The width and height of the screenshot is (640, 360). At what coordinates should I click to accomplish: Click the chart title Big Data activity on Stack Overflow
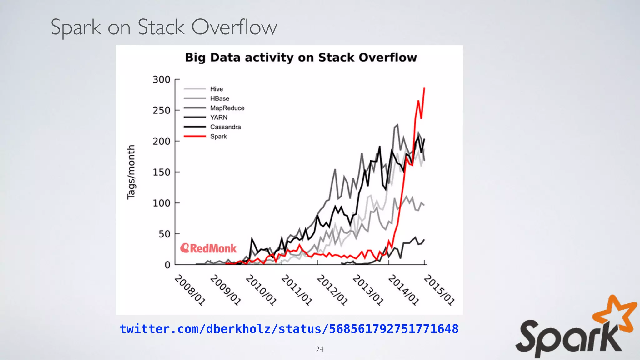(x=301, y=58)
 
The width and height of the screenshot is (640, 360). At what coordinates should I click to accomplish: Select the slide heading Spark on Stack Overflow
(x=164, y=27)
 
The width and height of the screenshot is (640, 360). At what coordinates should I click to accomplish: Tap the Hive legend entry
(x=216, y=89)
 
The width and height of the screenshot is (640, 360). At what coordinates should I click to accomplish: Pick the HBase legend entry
(x=219, y=98)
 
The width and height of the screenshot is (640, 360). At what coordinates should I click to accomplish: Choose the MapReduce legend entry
(x=227, y=108)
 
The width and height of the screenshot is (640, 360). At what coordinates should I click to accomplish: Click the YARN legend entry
(x=219, y=117)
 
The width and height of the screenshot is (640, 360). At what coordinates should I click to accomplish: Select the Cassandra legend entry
(x=225, y=127)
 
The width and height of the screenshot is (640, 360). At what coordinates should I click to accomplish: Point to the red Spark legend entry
(x=218, y=137)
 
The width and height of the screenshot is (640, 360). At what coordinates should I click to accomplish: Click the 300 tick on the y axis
(x=161, y=80)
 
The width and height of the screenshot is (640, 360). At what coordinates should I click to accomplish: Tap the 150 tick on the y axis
(x=161, y=172)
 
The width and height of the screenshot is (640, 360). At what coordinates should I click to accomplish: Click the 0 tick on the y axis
(x=167, y=265)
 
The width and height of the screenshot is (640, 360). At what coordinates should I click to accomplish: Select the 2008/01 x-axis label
(x=190, y=290)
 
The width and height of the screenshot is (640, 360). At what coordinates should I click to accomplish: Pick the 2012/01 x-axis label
(x=332, y=290)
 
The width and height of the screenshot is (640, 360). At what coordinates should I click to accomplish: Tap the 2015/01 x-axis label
(x=439, y=290)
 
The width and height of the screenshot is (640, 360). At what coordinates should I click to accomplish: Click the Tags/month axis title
(x=131, y=172)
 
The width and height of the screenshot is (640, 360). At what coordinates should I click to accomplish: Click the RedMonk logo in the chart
(x=208, y=248)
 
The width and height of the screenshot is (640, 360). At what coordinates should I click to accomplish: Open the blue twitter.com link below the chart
(x=289, y=329)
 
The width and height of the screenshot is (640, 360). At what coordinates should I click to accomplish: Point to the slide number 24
(x=319, y=349)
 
